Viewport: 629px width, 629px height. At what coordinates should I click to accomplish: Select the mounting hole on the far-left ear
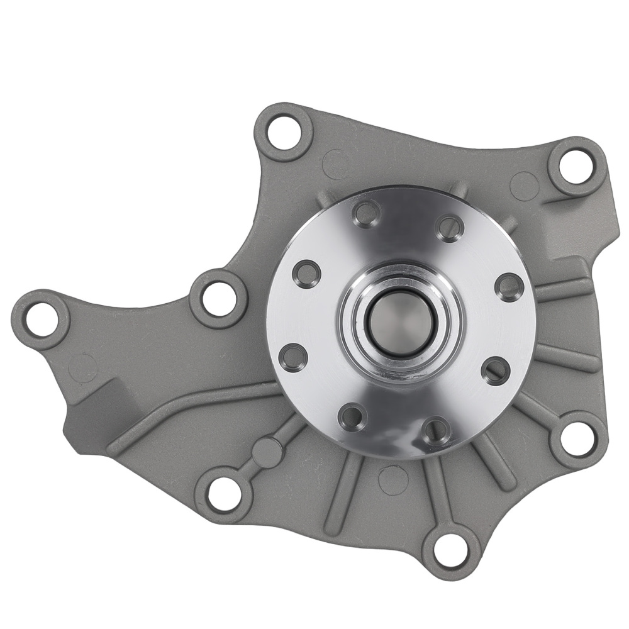click(40, 319)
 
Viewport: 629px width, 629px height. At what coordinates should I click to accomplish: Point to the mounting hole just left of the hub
click(218, 298)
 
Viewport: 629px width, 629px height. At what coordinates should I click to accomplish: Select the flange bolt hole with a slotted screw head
click(496, 370)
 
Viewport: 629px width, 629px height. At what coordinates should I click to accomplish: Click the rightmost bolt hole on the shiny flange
click(509, 287)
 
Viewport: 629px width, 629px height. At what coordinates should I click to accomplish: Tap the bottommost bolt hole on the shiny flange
click(436, 431)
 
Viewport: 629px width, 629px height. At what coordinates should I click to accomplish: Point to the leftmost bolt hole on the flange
click(292, 357)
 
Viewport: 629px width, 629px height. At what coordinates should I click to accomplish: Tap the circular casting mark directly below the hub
click(393, 479)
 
